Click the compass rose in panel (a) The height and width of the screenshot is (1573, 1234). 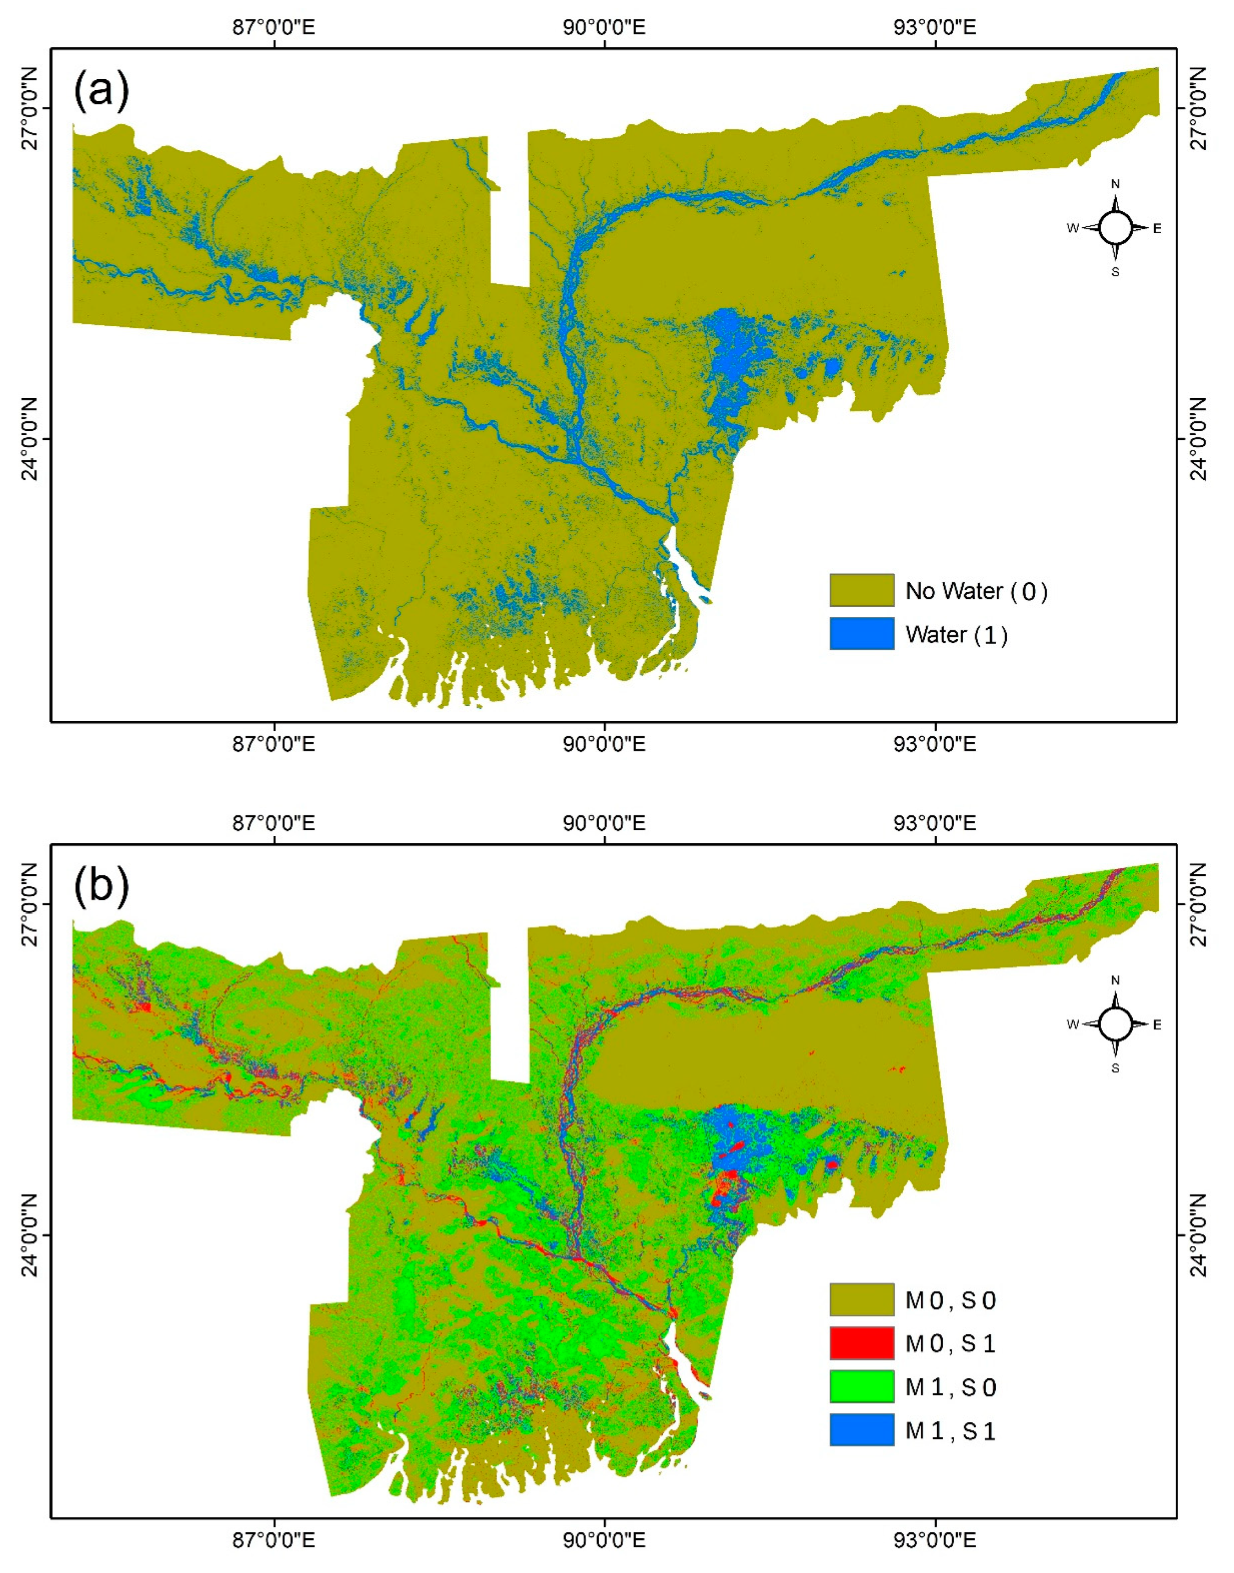(x=1115, y=228)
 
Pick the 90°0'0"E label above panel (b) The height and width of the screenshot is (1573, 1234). (x=604, y=823)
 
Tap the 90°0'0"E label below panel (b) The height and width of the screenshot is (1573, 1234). (x=604, y=1540)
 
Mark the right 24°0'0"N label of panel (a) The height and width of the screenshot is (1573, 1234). (x=1199, y=438)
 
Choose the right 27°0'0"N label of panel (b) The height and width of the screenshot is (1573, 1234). (x=1199, y=904)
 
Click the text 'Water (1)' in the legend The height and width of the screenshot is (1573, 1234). (x=956, y=635)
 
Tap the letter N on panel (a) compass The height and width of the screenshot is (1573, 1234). (x=1115, y=184)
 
